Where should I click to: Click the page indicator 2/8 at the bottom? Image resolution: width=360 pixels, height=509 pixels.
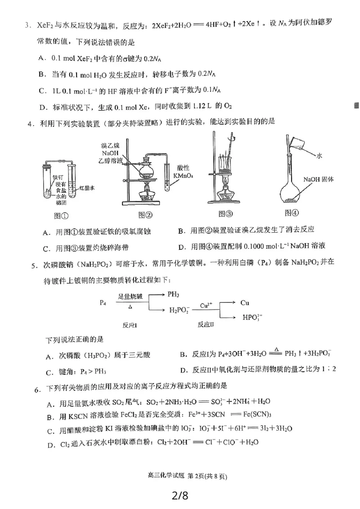click(180, 495)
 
